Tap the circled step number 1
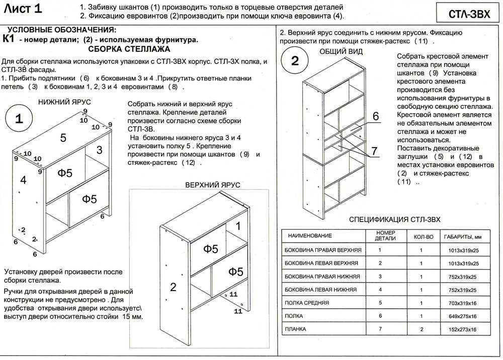click(19, 119)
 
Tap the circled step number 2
click(295, 61)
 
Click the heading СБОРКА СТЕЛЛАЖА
click(129, 49)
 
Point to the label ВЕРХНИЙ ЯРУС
click(213, 185)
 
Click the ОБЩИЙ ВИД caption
click(341, 52)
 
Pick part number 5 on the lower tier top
click(63, 137)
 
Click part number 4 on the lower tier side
click(23, 179)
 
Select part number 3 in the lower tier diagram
click(99, 150)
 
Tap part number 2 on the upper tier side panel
click(173, 287)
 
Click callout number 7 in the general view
click(374, 151)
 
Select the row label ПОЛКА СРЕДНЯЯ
click(307, 303)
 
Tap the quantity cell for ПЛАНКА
click(422, 329)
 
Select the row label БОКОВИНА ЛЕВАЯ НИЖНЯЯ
click(320, 290)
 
